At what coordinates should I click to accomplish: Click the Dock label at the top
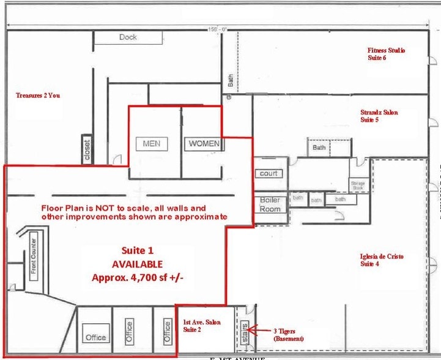pos(128,37)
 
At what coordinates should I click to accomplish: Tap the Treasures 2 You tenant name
pos(38,96)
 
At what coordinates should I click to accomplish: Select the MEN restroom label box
pos(151,143)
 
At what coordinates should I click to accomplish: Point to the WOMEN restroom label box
pos(204,144)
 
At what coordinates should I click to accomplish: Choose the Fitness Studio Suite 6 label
pos(386,54)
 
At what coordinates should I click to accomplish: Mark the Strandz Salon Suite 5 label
pos(379,116)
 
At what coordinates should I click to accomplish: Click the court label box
pos(269,173)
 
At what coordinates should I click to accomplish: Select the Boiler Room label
pos(270,204)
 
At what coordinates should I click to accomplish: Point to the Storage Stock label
pos(357,185)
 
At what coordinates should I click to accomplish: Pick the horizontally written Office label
pos(95,337)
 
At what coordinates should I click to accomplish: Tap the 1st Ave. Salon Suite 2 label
pos(201,326)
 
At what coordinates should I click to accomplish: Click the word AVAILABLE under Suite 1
pos(137,264)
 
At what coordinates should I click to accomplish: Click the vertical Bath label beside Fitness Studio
pos(231,80)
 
